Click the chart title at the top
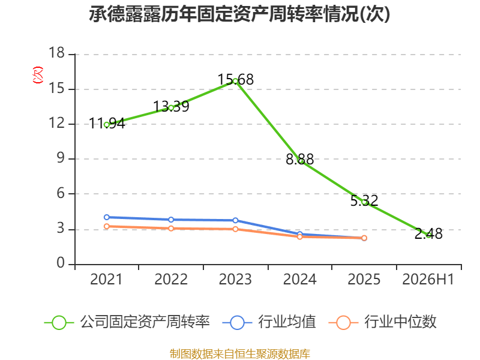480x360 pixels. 239,14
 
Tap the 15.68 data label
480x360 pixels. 235,80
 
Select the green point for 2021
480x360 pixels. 107,125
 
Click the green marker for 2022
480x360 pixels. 171,108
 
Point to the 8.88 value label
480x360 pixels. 299,159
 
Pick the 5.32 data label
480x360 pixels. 364,201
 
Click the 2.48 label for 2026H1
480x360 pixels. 428,234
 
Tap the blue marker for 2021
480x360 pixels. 107,217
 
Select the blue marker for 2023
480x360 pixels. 235,220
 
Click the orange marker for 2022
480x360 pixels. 171,229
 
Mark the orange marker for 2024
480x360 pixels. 299,236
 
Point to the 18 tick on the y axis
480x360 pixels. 56,53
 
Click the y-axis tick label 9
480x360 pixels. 61,158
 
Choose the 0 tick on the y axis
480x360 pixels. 61,263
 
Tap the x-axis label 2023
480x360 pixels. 235,279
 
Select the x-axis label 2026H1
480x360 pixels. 428,279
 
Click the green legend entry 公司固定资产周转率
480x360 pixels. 127,322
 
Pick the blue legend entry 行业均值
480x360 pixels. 269,322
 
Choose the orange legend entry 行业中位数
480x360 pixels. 382,322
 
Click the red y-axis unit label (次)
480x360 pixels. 38,75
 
